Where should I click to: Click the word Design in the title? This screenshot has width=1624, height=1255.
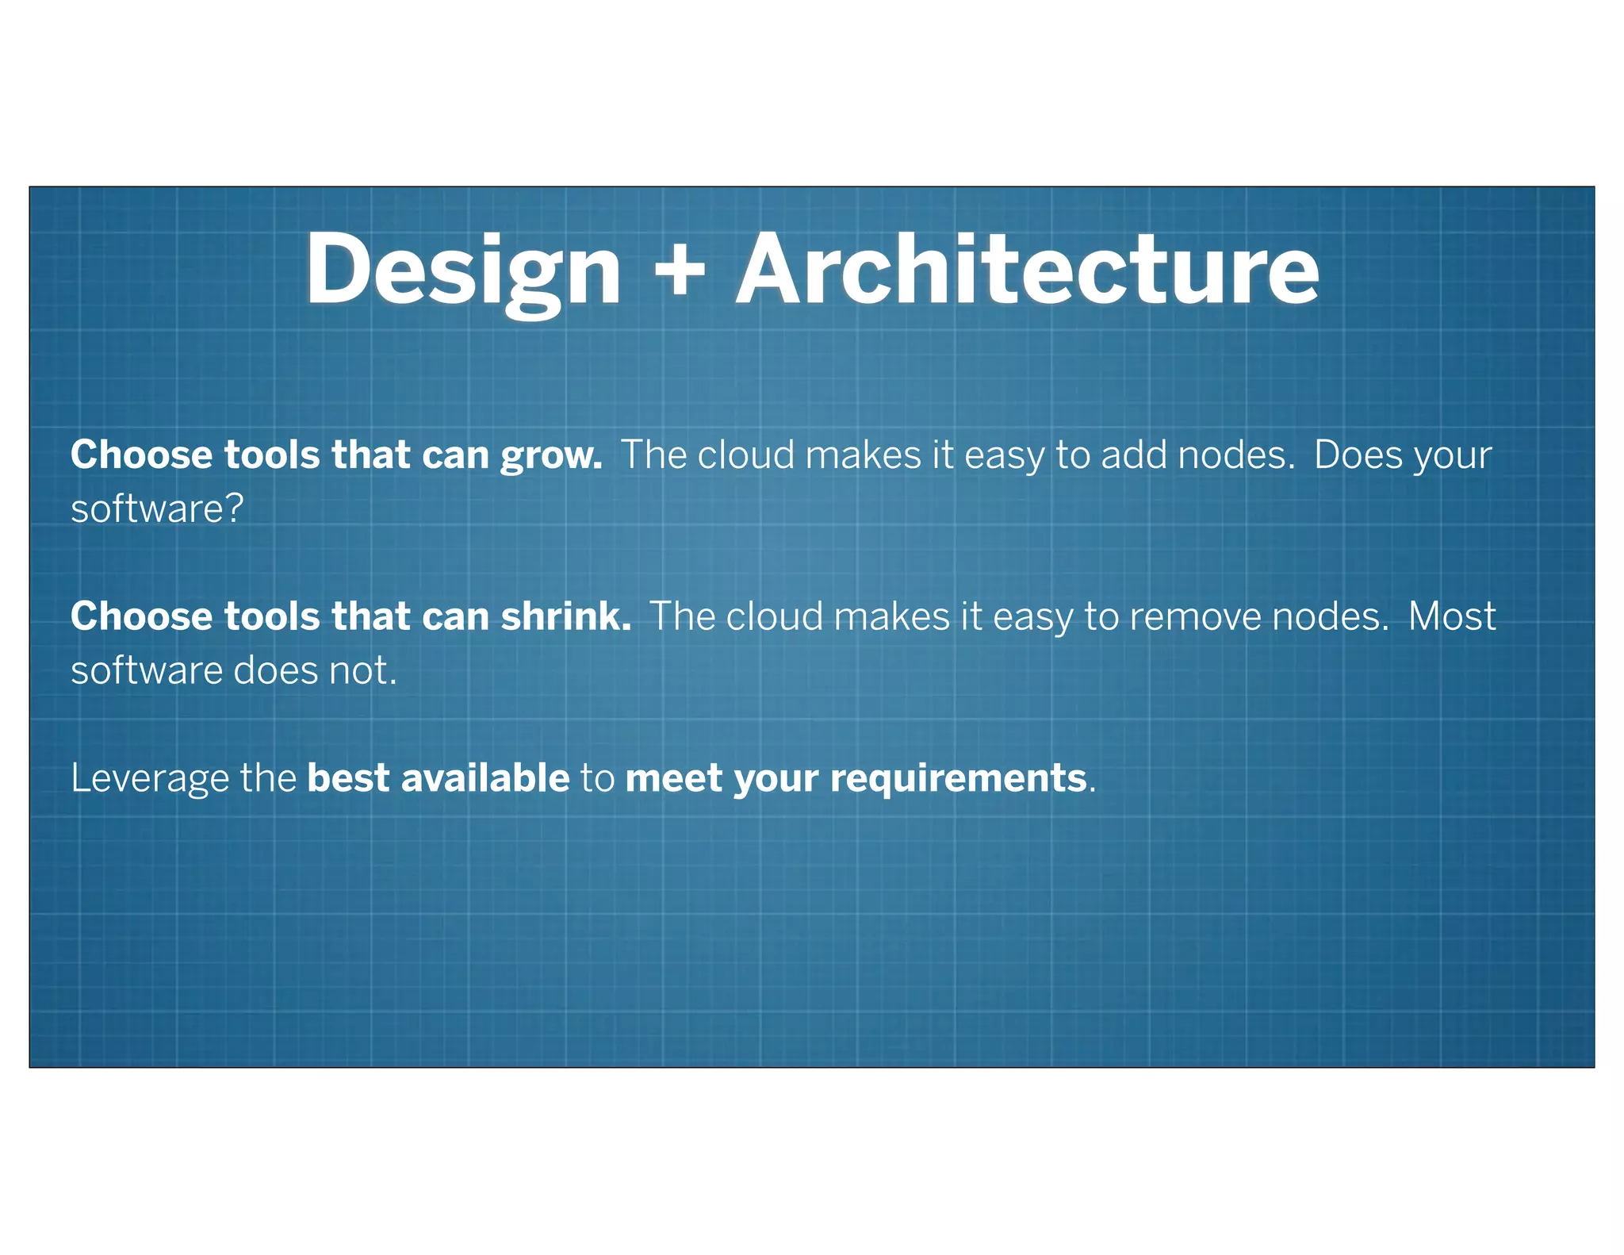[x=463, y=271]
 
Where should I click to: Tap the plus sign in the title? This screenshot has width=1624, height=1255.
[x=679, y=271]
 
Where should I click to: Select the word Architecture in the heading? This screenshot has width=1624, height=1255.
[x=1027, y=271]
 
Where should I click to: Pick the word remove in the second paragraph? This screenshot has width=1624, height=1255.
[x=1195, y=617]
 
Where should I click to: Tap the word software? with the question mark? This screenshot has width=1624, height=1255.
[x=157, y=509]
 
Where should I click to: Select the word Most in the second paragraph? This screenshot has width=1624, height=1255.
[x=1452, y=617]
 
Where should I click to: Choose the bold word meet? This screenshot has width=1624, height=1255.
[x=673, y=778]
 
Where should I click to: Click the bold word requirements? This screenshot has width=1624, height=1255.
[x=958, y=779]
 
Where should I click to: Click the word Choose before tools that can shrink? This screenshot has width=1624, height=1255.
[x=141, y=617]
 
